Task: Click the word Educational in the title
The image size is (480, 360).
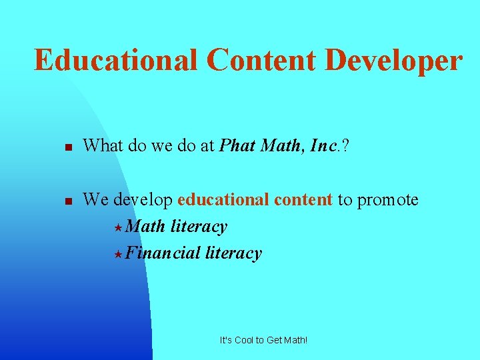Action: [115, 59]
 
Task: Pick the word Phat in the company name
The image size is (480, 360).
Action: [237, 145]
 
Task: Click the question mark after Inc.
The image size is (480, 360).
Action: [345, 145]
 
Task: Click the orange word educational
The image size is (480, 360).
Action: [220, 199]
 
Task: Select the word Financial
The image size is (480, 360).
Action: [163, 253]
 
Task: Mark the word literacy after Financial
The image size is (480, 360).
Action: [233, 253]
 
